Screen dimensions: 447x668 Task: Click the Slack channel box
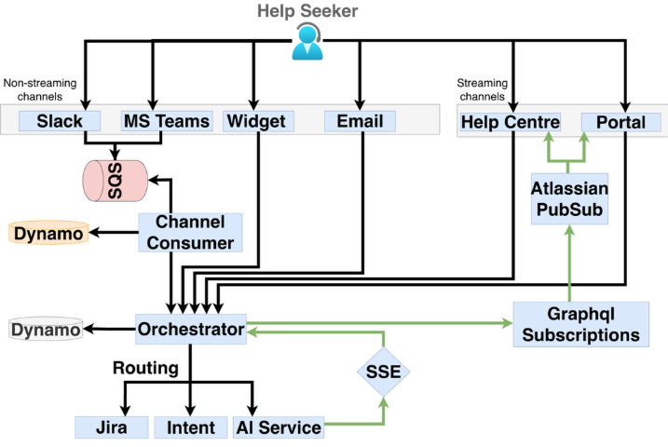tap(60, 121)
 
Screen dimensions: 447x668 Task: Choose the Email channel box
tap(360, 121)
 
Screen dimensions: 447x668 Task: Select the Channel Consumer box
tap(191, 232)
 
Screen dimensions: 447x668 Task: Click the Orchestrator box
tap(191, 328)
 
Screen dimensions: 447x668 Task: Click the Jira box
tap(112, 427)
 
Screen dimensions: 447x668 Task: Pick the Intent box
tap(190, 427)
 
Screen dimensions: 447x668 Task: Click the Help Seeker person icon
tap(307, 42)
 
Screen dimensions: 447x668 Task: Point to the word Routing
tap(145, 368)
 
